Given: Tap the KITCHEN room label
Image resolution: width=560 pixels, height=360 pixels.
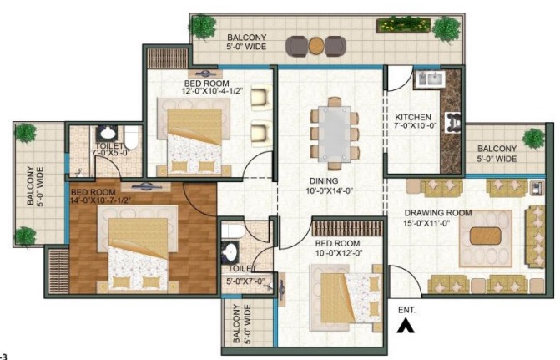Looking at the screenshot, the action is coord(413,117).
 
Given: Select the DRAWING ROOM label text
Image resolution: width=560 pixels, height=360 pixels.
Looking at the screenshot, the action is coord(438,213).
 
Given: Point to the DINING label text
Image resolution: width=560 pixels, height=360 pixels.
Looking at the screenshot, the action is coord(324,181).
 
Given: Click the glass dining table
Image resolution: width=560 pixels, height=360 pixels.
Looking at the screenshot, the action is coord(335,133).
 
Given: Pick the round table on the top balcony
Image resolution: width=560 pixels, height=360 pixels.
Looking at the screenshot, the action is coord(316,46).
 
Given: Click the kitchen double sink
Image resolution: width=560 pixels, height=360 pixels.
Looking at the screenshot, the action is coord(430,79).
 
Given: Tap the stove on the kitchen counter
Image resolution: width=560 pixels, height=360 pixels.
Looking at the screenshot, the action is coord(452,123).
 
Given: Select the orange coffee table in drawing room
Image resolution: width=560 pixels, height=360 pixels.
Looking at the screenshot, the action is coord(486,236).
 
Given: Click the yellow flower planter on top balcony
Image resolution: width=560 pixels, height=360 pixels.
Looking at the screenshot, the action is coord(404,26).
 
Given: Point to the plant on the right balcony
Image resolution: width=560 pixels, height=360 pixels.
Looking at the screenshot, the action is coord(533,139).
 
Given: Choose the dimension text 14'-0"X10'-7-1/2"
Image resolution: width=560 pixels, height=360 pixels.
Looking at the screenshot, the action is coord(101,200).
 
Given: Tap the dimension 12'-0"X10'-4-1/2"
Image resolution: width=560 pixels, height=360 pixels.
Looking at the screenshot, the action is coord(213,91).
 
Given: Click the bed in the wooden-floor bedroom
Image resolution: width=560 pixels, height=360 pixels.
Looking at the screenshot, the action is coord(138,248).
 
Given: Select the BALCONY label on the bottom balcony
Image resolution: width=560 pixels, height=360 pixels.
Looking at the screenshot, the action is coord(236,324).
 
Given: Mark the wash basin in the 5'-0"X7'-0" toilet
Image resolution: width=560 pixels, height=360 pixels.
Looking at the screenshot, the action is coord(230,251).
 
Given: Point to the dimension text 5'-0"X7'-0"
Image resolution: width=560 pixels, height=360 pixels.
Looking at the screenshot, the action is coord(245,281).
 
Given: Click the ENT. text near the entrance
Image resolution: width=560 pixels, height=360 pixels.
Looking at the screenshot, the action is coord(406,311).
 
